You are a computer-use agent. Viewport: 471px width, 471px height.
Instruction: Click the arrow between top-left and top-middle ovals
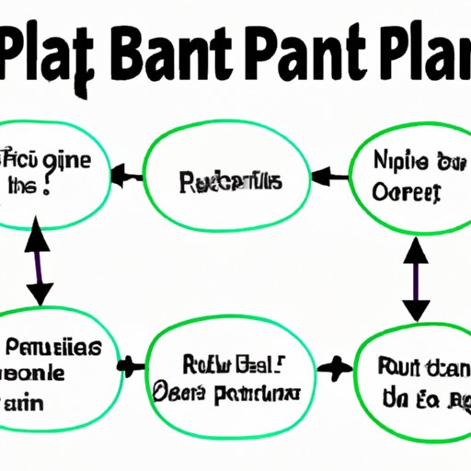pyautogui.click(x=125, y=175)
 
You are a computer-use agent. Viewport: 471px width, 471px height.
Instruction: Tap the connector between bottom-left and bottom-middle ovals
pyautogui.click(x=132, y=366)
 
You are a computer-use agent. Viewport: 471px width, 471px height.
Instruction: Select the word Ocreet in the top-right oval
pyautogui.click(x=404, y=192)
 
